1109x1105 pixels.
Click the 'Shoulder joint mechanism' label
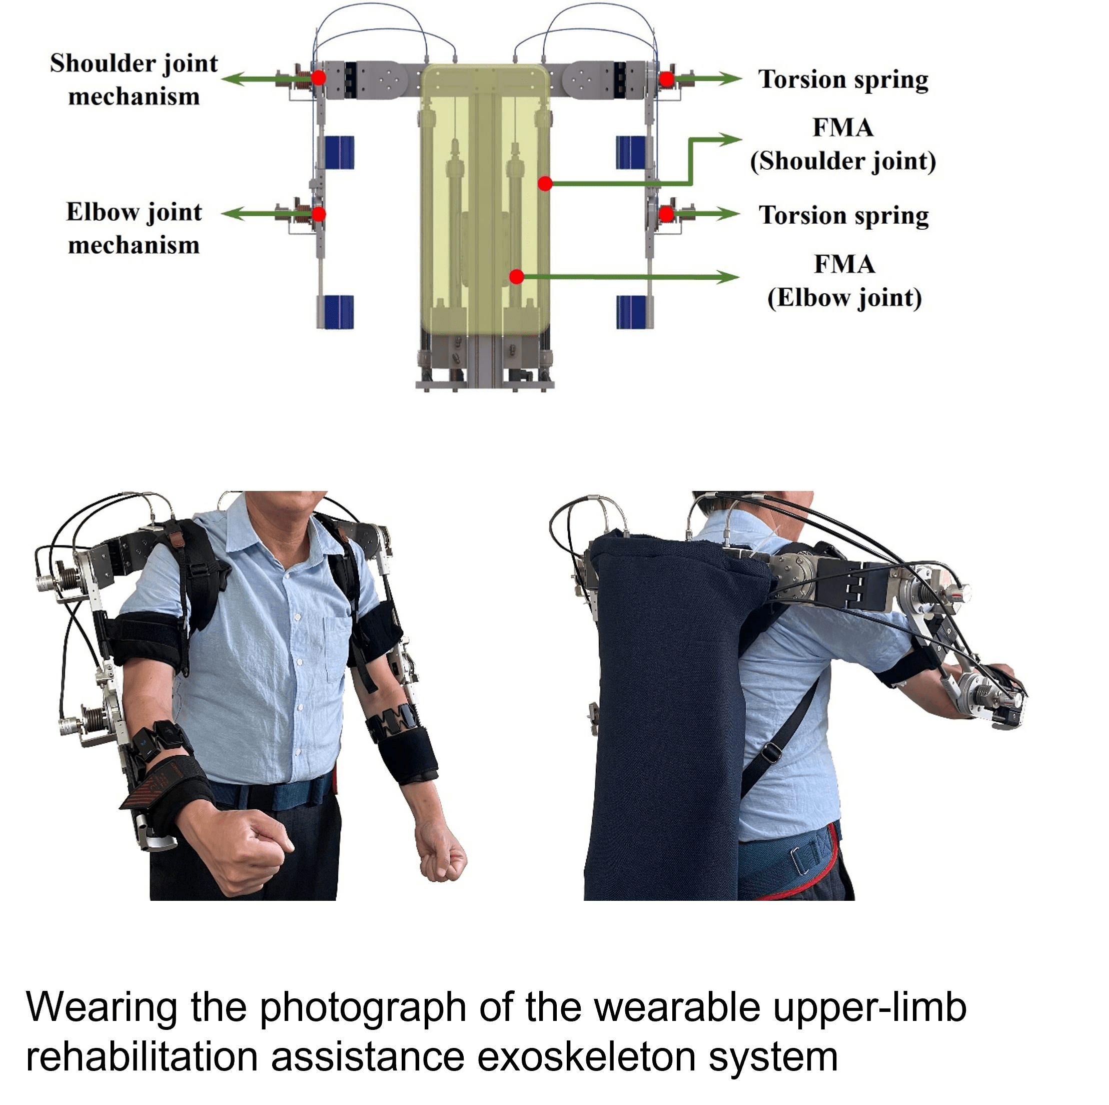pos(133,80)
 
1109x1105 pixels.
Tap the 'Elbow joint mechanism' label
pos(133,229)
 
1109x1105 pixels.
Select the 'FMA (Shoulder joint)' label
pos(843,144)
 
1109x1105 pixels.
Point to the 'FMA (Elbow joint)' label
pos(844,281)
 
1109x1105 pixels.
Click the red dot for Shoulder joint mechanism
pos(319,78)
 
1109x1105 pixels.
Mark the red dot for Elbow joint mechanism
pos(319,214)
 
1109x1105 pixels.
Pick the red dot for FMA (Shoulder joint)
pos(545,184)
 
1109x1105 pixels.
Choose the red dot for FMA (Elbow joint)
pos(517,277)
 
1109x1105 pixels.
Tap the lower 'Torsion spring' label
pos(843,215)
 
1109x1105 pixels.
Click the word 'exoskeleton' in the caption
pos(585,1058)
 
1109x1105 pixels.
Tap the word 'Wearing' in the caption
pos(101,1007)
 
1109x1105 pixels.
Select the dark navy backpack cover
pos(666,718)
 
